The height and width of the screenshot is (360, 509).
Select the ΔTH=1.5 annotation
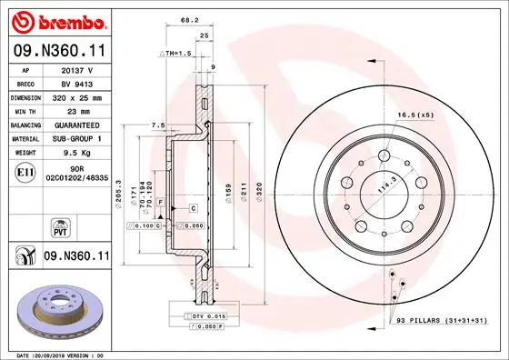175,54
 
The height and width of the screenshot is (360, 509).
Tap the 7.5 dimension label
157,125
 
